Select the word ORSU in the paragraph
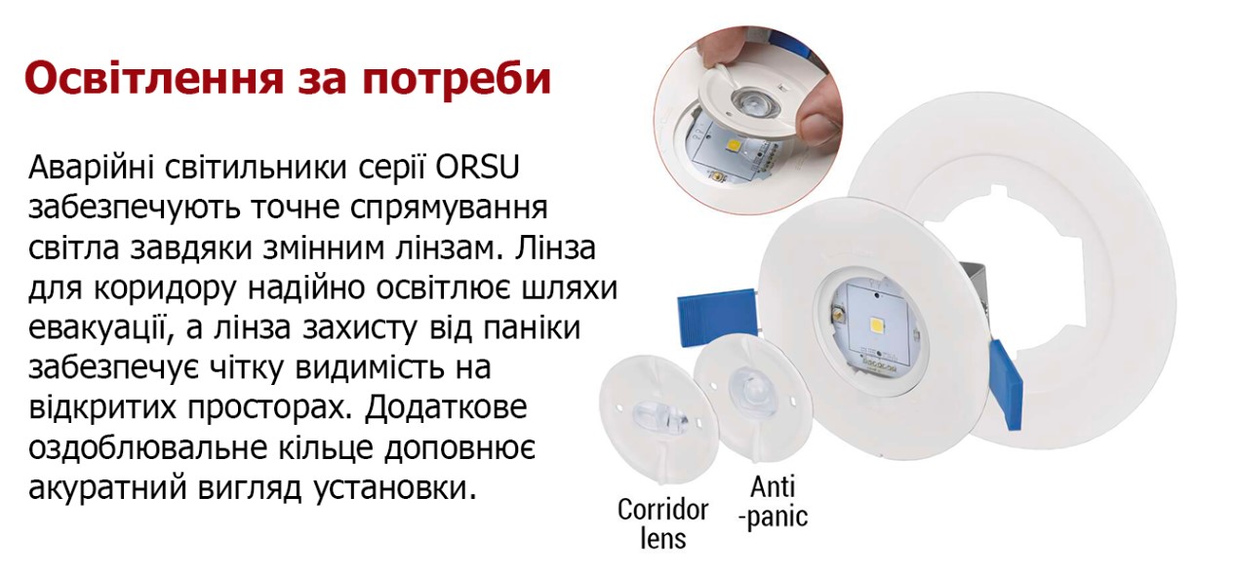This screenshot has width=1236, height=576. tap(477, 167)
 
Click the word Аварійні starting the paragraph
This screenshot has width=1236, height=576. tap(92, 167)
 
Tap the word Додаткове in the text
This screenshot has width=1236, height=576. tap(446, 408)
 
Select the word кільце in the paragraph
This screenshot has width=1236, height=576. tap(322, 447)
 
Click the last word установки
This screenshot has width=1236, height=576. tap(394, 488)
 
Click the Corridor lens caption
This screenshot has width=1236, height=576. tap(662, 524)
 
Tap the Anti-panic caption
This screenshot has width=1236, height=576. tap(773, 502)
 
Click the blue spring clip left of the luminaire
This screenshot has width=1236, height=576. tap(717, 317)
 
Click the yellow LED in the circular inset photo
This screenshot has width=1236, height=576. tap(735, 147)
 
